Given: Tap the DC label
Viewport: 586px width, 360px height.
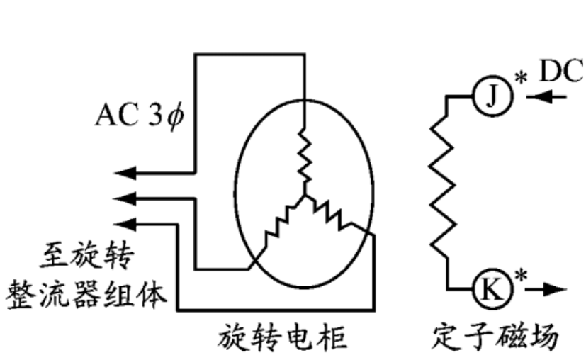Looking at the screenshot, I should coord(560,70).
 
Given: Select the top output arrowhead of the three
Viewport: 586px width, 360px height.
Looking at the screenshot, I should coord(124,172).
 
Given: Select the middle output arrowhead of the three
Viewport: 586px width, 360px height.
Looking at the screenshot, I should coord(124,196).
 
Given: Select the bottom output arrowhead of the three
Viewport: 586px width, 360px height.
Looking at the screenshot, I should coord(124,223).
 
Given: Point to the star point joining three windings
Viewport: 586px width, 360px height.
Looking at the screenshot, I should coord(304,195).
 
